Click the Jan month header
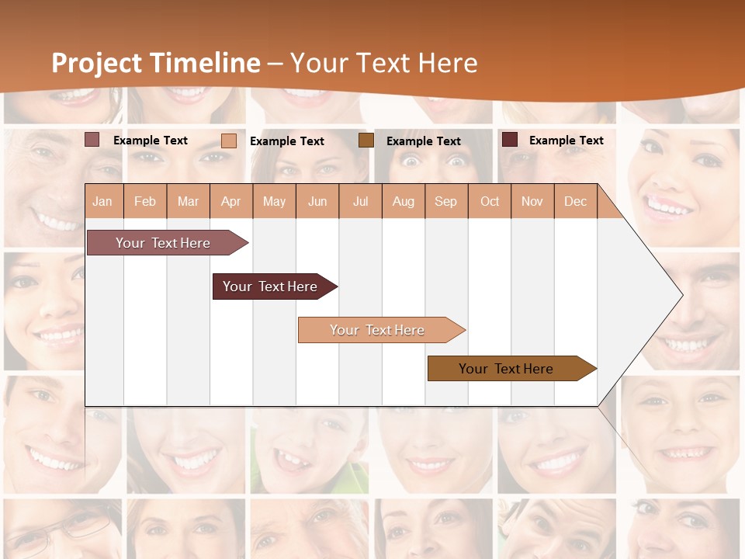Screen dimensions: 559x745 tap(102, 201)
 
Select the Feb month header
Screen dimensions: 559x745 tap(145, 201)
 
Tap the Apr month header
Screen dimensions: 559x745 tap(231, 201)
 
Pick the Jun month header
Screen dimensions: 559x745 tap(317, 201)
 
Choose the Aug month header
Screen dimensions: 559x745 tap(404, 201)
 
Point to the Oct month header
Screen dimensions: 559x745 tap(490, 201)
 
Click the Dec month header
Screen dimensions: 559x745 tap(576, 201)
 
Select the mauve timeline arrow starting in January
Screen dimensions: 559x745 tap(164, 243)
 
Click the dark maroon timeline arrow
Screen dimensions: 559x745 tap(271, 286)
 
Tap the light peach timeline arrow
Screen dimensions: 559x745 tap(378, 330)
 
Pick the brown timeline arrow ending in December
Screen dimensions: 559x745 tap(507, 369)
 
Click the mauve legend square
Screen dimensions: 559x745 tap(92, 140)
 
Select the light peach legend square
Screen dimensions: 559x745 tap(229, 141)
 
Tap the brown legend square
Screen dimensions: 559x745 tap(366, 141)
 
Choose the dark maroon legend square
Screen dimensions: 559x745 tap(510, 140)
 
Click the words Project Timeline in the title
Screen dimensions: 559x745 tap(156, 63)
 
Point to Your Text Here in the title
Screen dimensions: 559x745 tap(384, 63)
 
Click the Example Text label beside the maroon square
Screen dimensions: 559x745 tap(566, 141)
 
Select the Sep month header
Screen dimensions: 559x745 tap(446, 201)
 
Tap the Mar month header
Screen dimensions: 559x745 tap(189, 201)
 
